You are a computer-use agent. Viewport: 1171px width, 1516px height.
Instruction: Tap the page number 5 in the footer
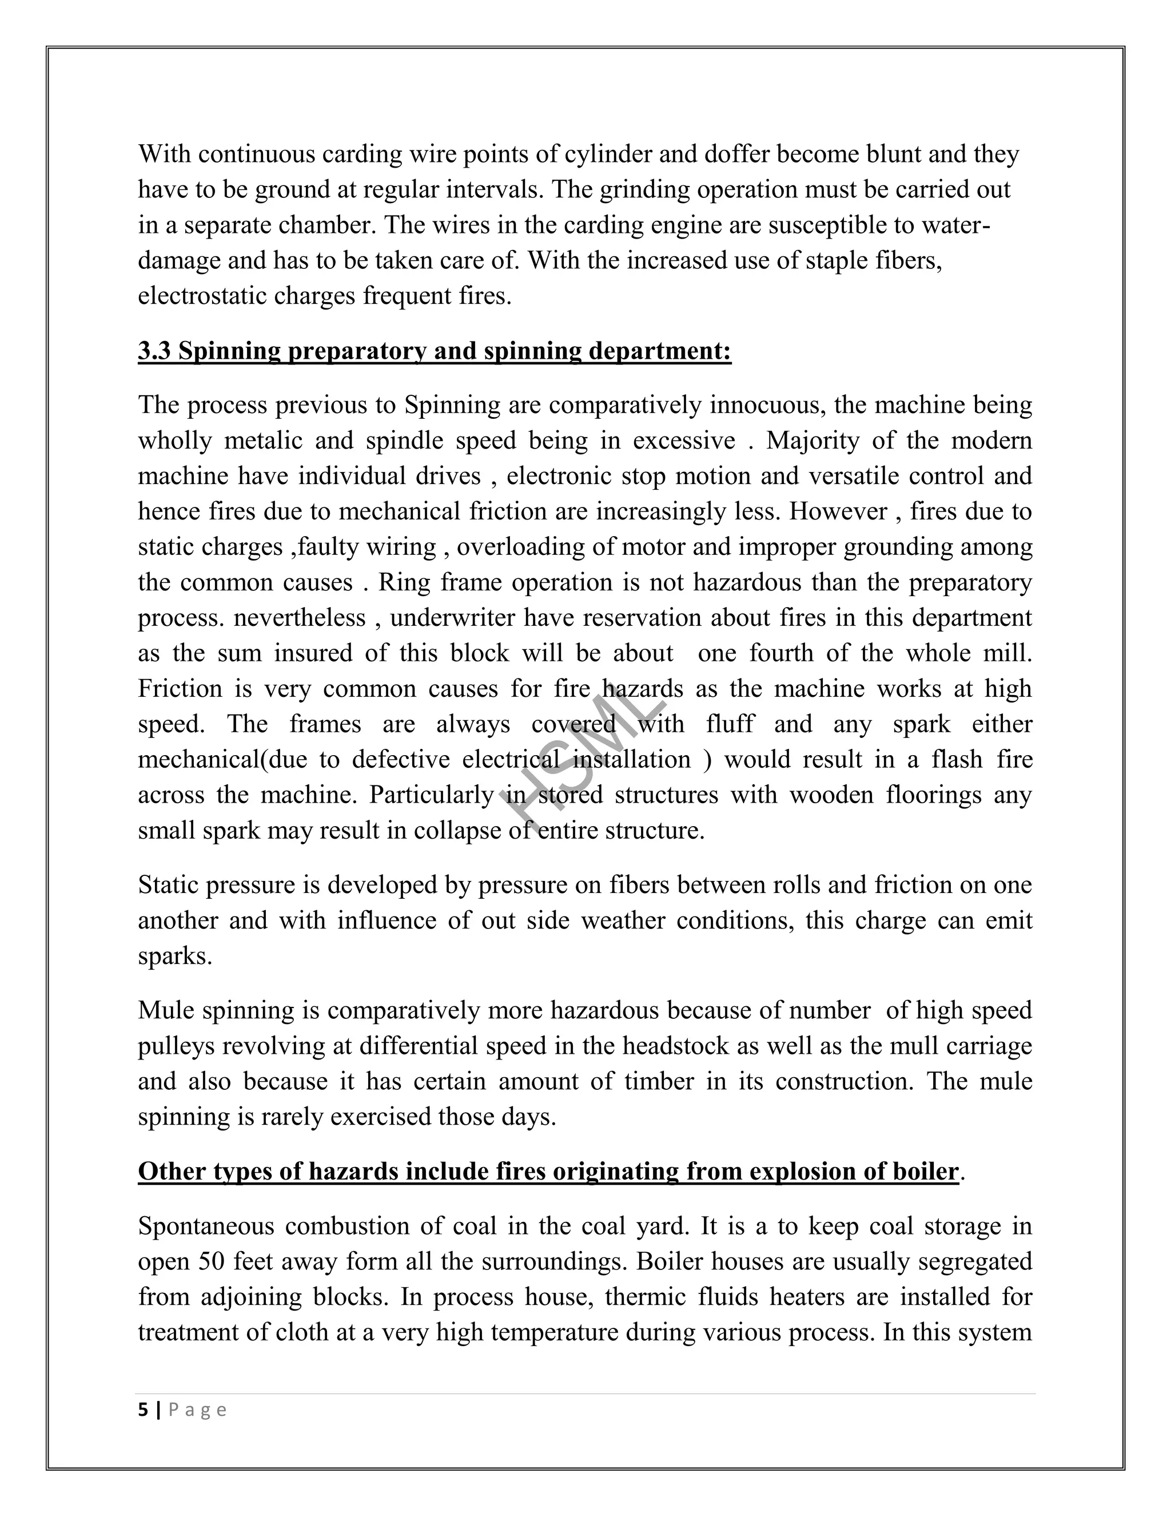pyautogui.click(x=143, y=1410)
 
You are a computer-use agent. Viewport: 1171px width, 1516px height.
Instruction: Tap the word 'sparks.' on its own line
pyautogui.click(x=175, y=957)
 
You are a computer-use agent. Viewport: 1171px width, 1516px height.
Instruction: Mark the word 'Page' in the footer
pyautogui.click(x=198, y=1410)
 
